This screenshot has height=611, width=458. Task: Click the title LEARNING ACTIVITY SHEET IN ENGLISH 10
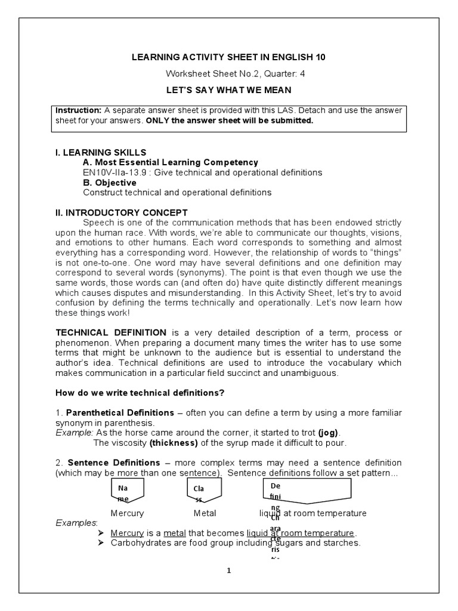(229, 57)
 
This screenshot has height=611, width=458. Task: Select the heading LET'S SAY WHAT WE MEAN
(229, 90)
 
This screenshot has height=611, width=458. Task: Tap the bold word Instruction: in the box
(79, 110)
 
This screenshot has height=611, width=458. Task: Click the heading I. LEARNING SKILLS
(101, 152)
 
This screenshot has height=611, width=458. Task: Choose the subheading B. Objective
(110, 183)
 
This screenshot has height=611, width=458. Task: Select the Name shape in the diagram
(125, 490)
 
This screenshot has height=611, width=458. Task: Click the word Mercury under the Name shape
(127, 513)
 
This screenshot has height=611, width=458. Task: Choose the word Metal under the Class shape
(205, 513)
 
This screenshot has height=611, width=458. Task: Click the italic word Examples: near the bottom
(76, 523)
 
